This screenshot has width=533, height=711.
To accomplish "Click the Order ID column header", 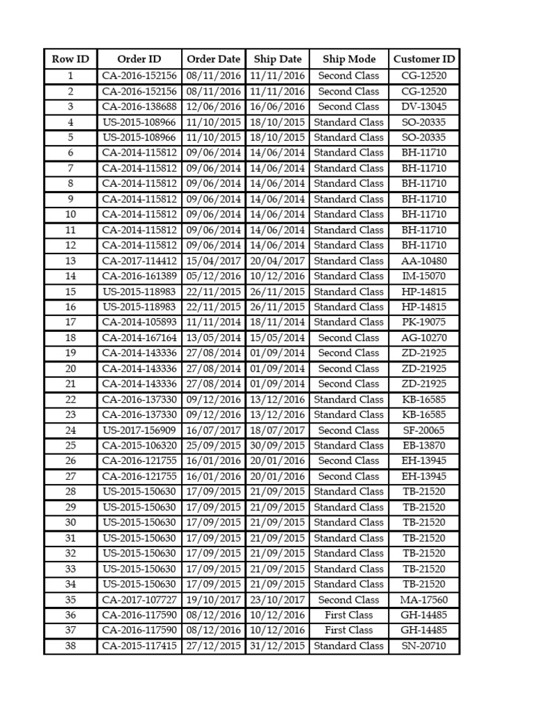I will (x=139, y=59).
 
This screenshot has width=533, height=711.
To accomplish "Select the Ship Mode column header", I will (x=349, y=59).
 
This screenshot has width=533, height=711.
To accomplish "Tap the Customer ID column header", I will (x=424, y=59).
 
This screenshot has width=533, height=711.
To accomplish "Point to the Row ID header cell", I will (x=70, y=59).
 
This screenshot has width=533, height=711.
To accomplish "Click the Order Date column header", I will (x=214, y=59).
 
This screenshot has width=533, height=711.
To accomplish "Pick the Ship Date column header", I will (x=278, y=59).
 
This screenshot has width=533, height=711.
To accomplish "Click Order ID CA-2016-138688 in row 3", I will (x=139, y=107).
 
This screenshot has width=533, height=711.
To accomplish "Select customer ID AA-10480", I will (x=424, y=261).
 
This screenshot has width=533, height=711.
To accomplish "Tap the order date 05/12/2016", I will (x=214, y=276).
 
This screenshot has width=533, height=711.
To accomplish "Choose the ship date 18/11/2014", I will (x=278, y=322).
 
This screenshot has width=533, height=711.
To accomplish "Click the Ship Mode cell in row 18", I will (x=349, y=338).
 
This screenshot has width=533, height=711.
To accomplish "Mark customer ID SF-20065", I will (x=424, y=430).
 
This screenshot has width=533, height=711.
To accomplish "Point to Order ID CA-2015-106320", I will (x=139, y=446).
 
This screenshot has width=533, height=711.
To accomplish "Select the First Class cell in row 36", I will (x=349, y=615).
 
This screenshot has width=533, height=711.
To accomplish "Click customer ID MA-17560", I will (x=424, y=600).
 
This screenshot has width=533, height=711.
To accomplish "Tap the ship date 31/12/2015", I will (x=278, y=646).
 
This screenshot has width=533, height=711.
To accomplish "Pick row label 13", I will (x=70, y=261).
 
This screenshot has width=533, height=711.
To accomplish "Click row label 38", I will (x=70, y=646).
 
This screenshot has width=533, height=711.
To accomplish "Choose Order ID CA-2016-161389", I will (x=139, y=276).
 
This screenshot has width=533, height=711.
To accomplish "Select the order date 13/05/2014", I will (x=214, y=338).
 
